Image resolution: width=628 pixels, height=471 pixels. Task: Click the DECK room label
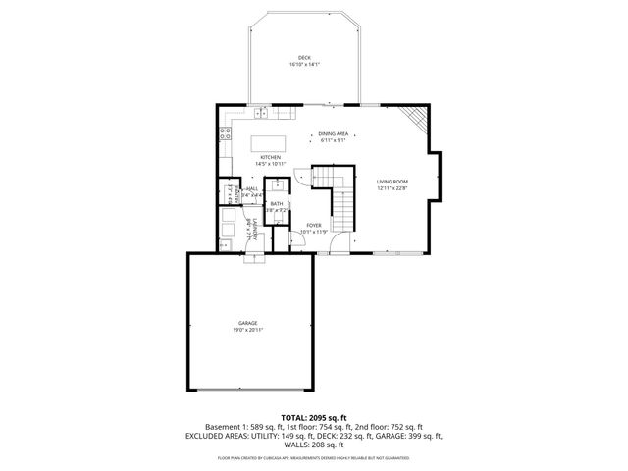[x=304, y=58]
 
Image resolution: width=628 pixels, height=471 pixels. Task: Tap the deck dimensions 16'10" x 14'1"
[x=304, y=65]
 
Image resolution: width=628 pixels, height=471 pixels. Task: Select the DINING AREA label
[x=333, y=133]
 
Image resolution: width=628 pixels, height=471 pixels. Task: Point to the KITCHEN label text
[x=270, y=157]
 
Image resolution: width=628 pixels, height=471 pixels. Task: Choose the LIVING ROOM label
[x=392, y=182]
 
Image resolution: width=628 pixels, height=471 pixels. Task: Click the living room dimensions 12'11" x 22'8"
[x=392, y=188]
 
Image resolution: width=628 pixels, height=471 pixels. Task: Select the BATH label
[x=277, y=203]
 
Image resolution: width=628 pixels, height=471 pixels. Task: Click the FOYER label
[x=313, y=225]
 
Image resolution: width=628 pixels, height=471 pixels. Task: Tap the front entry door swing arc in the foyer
[x=339, y=243]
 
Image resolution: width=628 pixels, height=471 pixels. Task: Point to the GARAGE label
[x=246, y=323]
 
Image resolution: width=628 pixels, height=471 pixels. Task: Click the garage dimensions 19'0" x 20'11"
[x=246, y=330]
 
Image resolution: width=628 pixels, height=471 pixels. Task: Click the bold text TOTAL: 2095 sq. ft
[x=313, y=417]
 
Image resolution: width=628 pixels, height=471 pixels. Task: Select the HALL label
[x=252, y=188]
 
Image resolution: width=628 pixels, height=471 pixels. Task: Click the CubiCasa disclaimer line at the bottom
[x=313, y=457]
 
